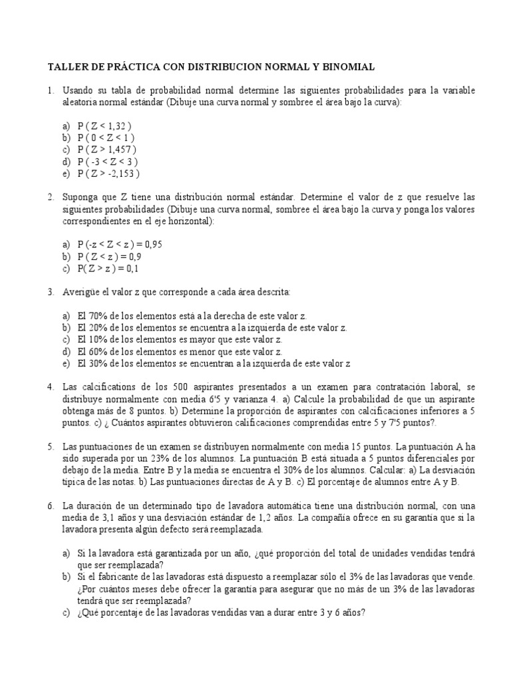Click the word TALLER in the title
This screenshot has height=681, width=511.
[65, 67]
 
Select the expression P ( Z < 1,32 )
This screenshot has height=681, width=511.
[104, 126]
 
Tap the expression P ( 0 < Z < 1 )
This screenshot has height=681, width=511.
[106, 138]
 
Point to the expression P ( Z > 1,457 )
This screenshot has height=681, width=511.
[107, 150]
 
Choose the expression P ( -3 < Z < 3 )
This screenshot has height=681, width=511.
[108, 162]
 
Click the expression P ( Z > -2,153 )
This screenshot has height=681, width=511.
[108, 174]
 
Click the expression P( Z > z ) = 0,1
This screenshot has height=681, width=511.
[108, 269]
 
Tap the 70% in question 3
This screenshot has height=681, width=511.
[98, 316]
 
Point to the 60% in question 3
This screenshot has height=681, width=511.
[98, 352]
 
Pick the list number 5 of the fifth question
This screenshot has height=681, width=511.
[50, 446]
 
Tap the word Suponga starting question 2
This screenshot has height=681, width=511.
[81, 198]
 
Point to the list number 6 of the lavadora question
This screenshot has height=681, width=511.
[50, 505]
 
